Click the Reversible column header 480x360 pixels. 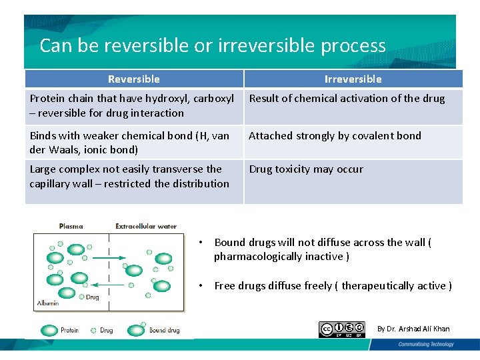click(134, 79)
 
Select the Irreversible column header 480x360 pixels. click(353, 79)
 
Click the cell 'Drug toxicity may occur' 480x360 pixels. click(306, 169)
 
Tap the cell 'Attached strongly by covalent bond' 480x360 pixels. click(335, 136)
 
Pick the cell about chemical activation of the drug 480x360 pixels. click(347, 99)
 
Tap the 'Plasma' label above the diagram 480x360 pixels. click(71, 227)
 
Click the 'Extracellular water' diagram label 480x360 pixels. click(146, 227)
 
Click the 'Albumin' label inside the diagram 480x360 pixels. click(48, 303)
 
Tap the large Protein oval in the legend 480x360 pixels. click(49, 330)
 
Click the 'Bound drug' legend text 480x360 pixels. click(164, 330)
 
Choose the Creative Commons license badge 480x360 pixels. click(342, 329)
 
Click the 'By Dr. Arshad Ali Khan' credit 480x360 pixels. click(413, 329)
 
